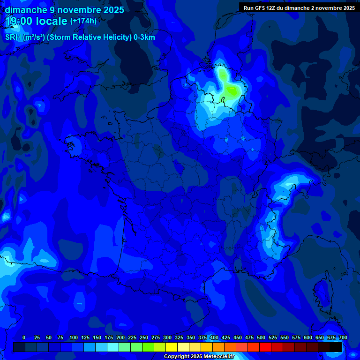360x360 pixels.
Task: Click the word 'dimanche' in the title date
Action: click(x=26, y=10)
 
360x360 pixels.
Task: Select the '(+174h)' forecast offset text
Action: click(x=83, y=21)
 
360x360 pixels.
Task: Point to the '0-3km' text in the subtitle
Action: click(x=144, y=37)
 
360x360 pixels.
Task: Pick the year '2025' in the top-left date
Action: click(x=111, y=10)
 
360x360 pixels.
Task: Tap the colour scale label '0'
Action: click(x=24, y=337)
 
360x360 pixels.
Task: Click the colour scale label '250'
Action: click(x=144, y=337)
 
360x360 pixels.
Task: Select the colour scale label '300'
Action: click(x=167, y=337)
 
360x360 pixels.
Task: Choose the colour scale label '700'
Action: click(x=343, y=337)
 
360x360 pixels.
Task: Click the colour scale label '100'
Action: click(x=74, y=337)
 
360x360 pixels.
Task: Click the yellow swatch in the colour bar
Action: click(x=172, y=347)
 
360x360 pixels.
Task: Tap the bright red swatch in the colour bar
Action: click(x=265, y=347)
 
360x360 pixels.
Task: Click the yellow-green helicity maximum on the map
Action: click(x=231, y=89)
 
